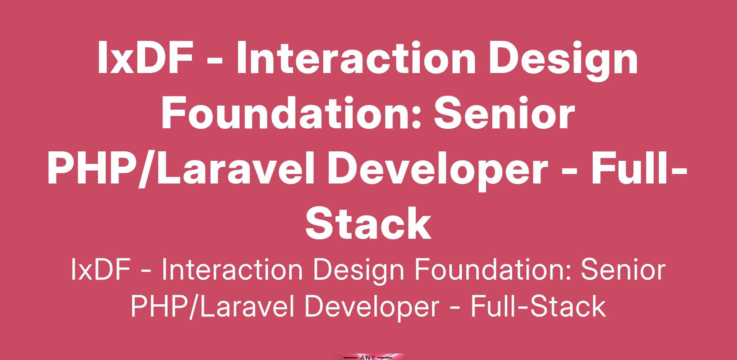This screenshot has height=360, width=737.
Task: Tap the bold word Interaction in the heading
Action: click(x=355, y=58)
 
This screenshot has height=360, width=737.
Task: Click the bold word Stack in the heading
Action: click(x=368, y=223)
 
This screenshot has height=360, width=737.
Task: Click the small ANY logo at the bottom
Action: click(x=368, y=357)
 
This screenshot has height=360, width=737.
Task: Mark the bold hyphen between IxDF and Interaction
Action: click(x=215, y=61)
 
